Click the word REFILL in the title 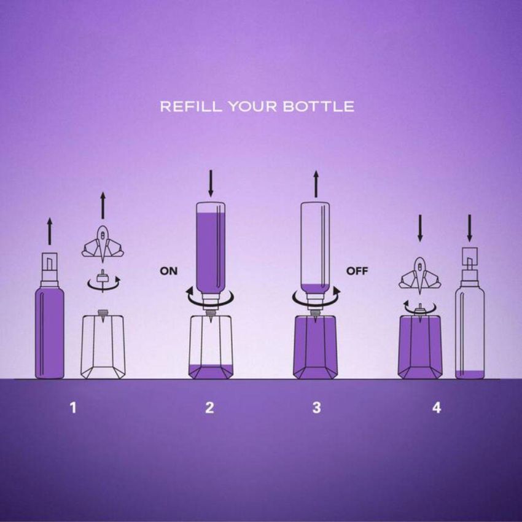[x=190, y=106]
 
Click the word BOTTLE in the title [x=319, y=106]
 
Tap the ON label [x=169, y=271]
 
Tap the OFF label [x=357, y=271]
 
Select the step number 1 [x=73, y=408]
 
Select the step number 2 [x=209, y=408]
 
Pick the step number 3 [x=317, y=408]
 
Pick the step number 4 [x=437, y=408]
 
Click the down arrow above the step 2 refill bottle [x=211, y=183]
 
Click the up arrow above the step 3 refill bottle [x=316, y=184]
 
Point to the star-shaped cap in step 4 [x=420, y=276]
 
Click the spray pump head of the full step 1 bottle [x=50, y=270]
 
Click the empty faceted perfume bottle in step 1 [x=103, y=345]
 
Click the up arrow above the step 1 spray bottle [x=50, y=232]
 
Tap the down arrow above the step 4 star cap [x=420, y=228]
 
